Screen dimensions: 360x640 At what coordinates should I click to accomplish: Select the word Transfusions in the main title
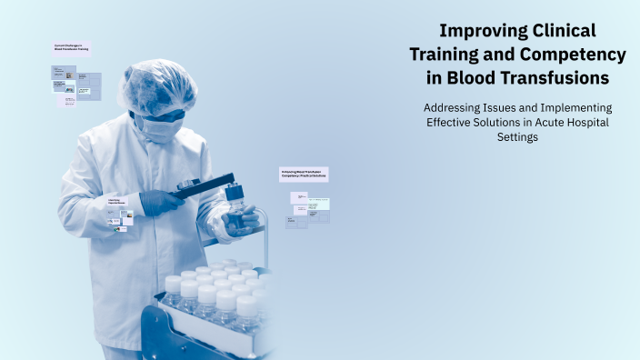552,78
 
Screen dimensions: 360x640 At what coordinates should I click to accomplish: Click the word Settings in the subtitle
519,137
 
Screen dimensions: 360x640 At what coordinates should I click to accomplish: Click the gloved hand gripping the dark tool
160,201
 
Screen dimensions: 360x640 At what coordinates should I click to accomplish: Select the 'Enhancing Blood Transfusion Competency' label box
303,173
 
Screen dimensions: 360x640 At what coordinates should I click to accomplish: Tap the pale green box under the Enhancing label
318,204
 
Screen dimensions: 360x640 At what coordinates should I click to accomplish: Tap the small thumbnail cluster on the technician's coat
120,218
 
